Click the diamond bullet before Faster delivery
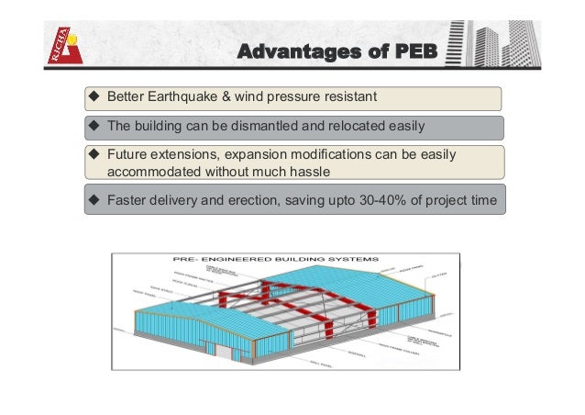point(94,200)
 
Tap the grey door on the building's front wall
point(223,348)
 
